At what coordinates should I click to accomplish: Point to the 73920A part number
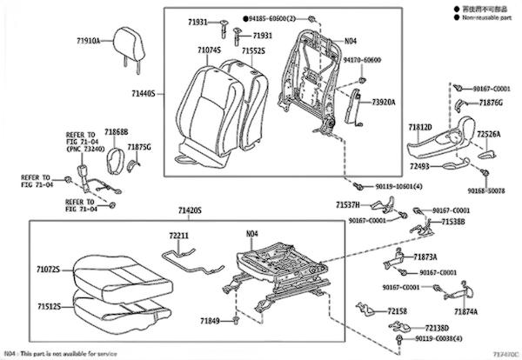(x=384, y=102)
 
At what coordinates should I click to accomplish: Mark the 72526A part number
(x=488, y=135)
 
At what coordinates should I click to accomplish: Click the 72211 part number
(x=179, y=235)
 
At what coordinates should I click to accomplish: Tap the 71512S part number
(x=49, y=306)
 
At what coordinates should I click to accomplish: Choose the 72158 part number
(x=398, y=310)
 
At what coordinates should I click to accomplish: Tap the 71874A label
(x=465, y=310)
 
